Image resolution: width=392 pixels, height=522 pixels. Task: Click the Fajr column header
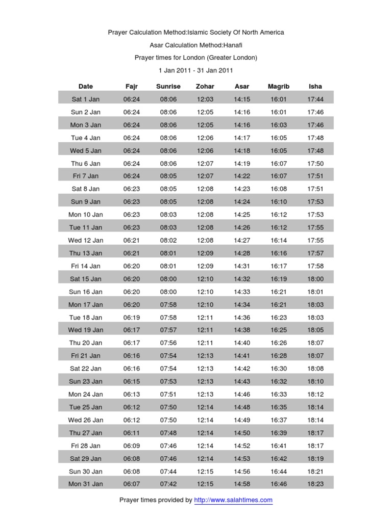click(131, 86)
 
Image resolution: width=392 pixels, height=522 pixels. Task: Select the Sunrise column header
click(168, 86)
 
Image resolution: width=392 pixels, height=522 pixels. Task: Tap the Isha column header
click(315, 86)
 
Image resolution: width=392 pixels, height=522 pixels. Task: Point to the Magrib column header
click(279, 86)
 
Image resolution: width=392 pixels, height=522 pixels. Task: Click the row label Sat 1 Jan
click(86, 99)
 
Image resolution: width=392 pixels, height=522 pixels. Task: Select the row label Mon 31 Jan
click(86, 484)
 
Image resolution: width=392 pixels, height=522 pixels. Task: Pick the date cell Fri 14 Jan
click(86, 266)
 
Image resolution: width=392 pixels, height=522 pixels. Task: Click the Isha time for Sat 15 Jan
click(315, 279)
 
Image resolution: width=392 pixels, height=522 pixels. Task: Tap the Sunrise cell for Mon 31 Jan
click(168, 484)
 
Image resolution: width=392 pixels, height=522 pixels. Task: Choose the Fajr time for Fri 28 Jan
click(131, 446)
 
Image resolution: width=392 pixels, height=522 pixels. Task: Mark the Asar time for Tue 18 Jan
click(242, 317)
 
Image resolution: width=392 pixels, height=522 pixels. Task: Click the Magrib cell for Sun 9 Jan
click(279, 201)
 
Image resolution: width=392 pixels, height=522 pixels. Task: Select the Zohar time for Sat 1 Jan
click(205, 99)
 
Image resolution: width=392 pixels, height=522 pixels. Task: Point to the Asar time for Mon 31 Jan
click(242, 484)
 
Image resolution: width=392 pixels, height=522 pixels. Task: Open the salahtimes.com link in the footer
click(233, 500)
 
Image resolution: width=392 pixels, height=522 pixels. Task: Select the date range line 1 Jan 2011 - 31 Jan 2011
click(195, 70)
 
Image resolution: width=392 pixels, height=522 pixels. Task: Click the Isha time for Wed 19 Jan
click(315, 330)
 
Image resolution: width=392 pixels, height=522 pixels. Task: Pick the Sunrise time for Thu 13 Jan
click(168, 253)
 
